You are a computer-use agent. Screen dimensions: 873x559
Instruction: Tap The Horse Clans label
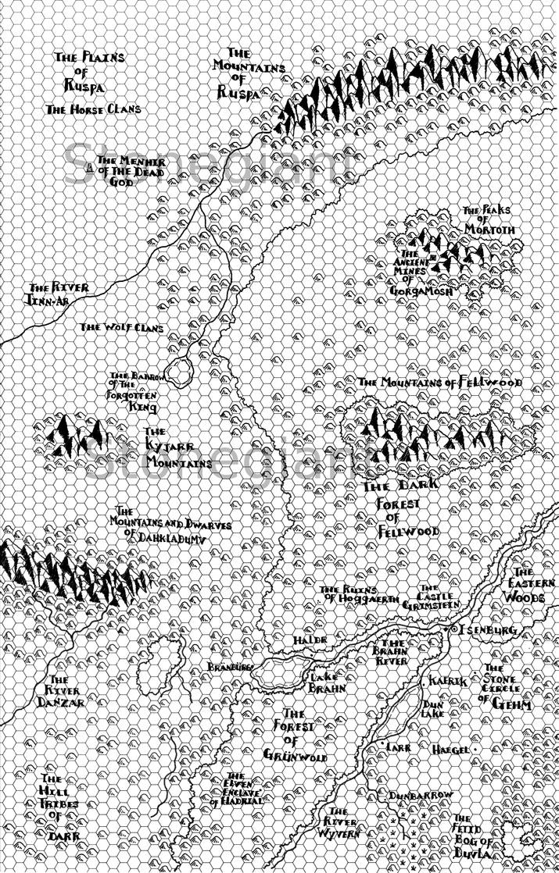pos(94,109)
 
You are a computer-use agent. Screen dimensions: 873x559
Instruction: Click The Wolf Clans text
pos(122,328)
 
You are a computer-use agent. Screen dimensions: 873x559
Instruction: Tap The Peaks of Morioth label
pos(489,220)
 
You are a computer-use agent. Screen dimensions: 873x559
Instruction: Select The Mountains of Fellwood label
pos(439,383)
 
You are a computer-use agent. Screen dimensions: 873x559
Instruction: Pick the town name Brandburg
pos(230,668)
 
